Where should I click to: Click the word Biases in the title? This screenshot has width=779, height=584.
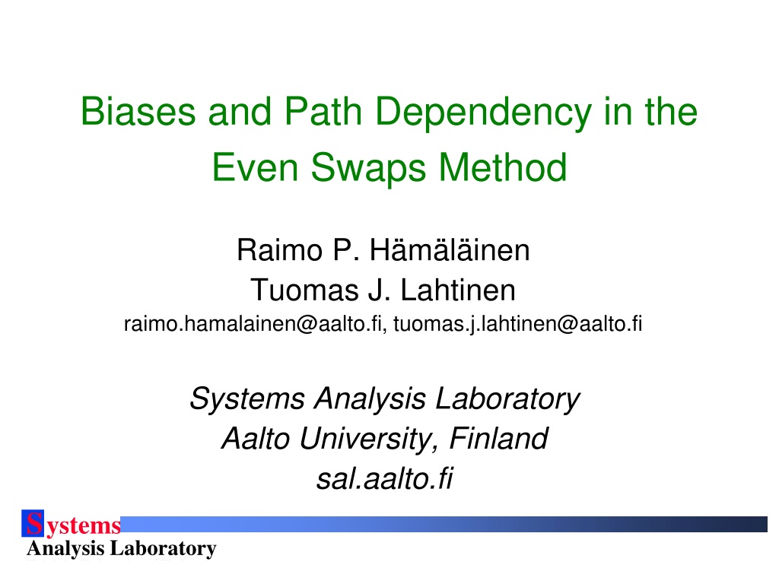tap(138, 111)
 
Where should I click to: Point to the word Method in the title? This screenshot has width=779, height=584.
tap(503, 167)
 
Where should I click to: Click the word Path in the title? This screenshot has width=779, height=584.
tap(323, 111)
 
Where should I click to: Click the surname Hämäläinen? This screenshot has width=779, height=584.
tap(450, 249)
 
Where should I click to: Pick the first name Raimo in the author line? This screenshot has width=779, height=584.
tap(279, 249)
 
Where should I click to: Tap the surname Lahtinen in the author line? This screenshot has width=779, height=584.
tap(457, 290)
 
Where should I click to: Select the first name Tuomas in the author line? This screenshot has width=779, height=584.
tap(304, 290)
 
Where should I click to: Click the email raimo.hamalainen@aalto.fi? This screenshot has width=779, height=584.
tap(253, 324)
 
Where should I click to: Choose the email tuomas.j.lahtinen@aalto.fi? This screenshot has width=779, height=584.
tap(517, 325)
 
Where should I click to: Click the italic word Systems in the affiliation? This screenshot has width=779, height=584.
tap(247, 399)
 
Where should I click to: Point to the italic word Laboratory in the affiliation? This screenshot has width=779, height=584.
tap(507, 399)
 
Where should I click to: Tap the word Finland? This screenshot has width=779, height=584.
tap(499, 439)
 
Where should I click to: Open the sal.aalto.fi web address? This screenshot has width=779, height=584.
tap(385, 479)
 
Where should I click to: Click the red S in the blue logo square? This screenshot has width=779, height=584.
tap(33, 523)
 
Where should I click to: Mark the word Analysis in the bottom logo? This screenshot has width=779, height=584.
tap(65, 549)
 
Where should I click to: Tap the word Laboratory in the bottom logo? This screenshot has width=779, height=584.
tap(163, 549)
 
